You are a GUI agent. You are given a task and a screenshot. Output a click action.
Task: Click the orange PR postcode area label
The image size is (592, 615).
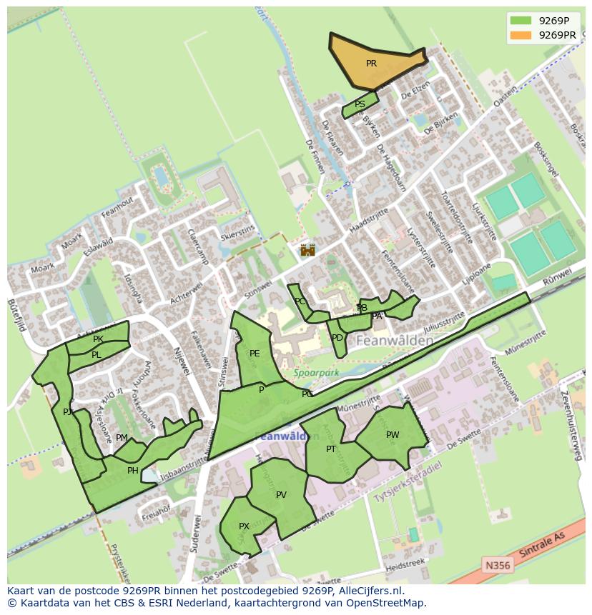371,64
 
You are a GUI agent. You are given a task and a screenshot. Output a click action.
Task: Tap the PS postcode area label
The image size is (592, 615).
360,104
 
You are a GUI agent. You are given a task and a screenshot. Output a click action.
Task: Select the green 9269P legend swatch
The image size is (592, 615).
521,21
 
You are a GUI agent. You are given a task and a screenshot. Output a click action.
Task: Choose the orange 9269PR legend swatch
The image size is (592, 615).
521,35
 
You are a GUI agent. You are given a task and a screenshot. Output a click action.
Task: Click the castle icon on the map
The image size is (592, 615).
307,250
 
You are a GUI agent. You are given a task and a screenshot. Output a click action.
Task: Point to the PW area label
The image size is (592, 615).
393,435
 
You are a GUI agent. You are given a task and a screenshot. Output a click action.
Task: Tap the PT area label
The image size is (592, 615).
331,449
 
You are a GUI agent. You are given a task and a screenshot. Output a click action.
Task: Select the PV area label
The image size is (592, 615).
281,495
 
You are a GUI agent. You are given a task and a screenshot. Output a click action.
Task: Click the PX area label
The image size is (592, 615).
244,526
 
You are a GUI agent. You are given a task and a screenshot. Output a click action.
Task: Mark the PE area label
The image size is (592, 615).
255,354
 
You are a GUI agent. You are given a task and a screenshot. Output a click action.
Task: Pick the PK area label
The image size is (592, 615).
98,339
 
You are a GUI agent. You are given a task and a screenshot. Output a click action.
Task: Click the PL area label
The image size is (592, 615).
96,355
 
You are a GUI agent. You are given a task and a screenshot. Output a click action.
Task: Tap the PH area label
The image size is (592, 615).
132,471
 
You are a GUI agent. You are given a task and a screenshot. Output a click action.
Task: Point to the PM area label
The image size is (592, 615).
122,438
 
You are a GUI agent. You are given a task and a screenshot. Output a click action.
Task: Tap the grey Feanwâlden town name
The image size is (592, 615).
394,341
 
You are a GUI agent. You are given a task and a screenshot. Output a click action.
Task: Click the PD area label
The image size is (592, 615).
337,338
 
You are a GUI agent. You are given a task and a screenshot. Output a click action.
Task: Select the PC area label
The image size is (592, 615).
300,301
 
